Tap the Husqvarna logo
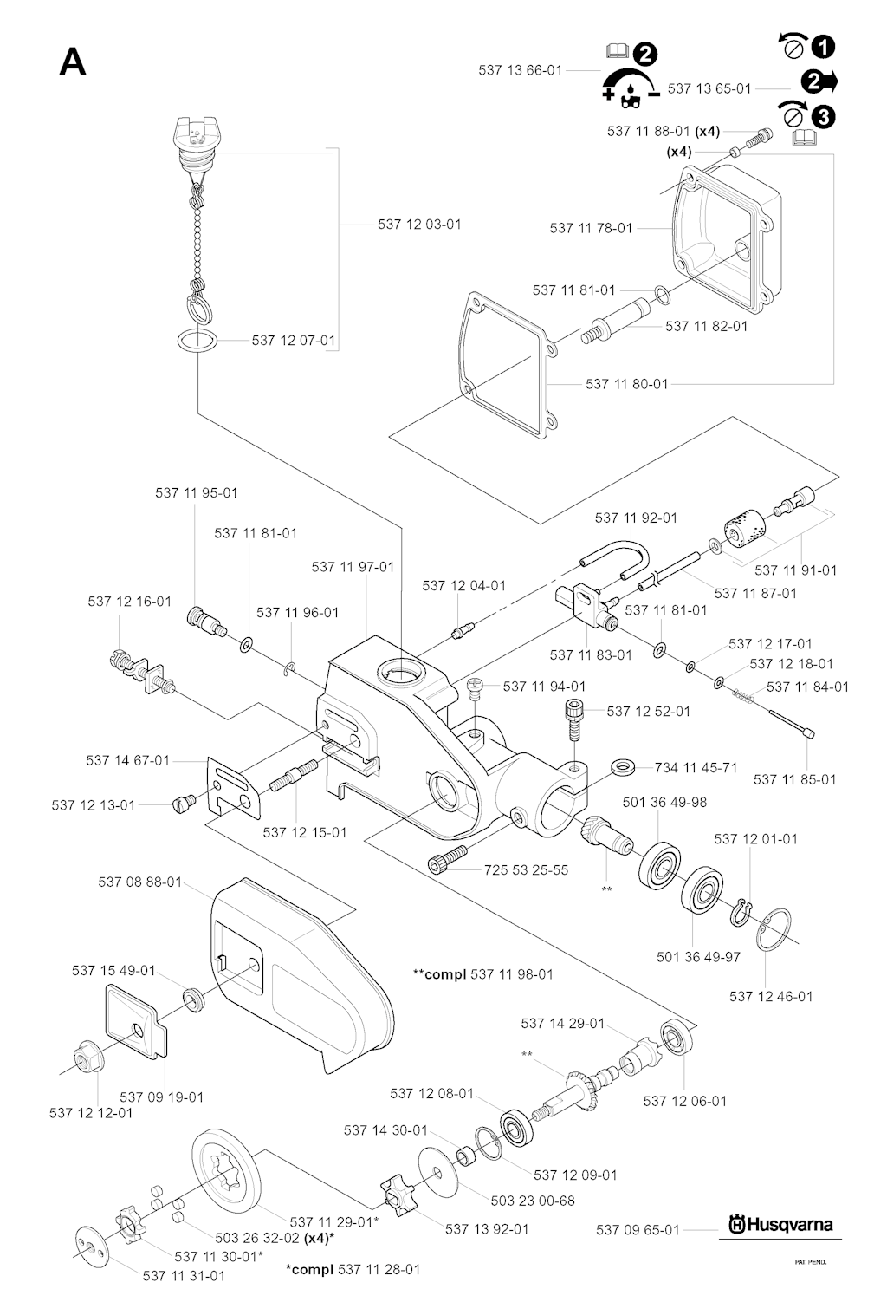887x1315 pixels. tap(780, 1224)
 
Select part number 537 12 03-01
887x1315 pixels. tap(419, 225)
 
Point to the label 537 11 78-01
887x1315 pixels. tap(591, 228)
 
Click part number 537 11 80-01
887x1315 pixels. tap(626, 383)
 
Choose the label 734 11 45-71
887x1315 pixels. tap(696, 767)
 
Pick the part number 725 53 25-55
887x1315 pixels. tap(526, 869)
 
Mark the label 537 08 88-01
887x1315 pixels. tap(139, 882)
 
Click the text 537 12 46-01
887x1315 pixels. tap(771, 996)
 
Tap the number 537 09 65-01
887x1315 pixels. tap(638, 1229)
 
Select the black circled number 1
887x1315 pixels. tap(824, 46)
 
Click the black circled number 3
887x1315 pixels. tap(824, 115)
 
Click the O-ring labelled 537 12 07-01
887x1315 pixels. tap(197, 340)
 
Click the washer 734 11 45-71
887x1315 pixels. tap(623, 765)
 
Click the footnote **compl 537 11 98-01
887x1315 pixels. tap(483, 974)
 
